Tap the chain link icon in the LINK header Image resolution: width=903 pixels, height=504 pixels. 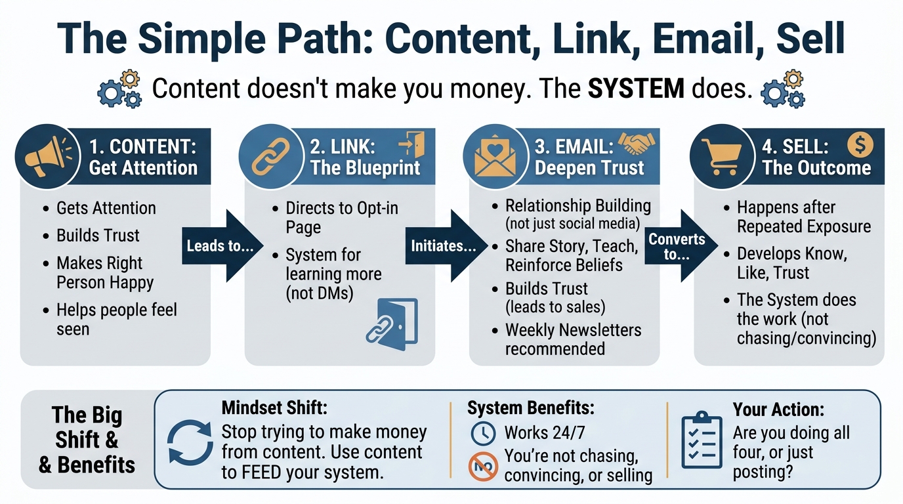point(271,157)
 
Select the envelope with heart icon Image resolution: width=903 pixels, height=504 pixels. point(495,157)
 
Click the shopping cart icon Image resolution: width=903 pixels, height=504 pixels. point(720,157)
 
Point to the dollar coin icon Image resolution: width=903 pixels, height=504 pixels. point(860,144)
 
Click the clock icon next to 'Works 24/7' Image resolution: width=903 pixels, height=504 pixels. point(484,432)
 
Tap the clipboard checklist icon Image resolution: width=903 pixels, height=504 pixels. point(702,440)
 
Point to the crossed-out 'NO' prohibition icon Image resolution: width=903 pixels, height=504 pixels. point(483,467)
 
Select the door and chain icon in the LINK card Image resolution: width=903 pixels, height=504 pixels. point(392,321)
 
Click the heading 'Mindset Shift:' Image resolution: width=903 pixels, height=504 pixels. point(274,408)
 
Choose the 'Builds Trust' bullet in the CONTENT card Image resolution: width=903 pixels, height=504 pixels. point(98,236)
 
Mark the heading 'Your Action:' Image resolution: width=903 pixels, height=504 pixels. point(778,409)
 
